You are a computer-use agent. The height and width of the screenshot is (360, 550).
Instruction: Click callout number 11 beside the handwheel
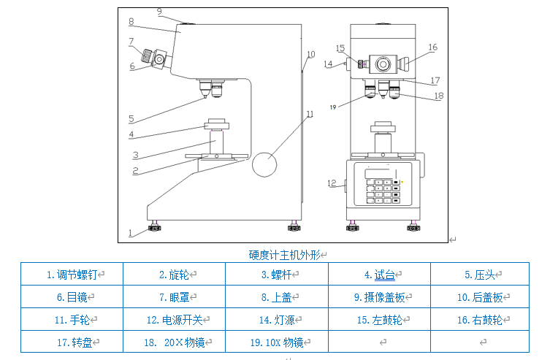pyautogui.click(x=310, y=114)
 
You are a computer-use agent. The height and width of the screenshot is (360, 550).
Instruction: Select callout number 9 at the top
pyautogui.click(x=159, y=11)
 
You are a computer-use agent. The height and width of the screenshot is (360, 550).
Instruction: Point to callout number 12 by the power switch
pyautogui.click(x=331, y=183)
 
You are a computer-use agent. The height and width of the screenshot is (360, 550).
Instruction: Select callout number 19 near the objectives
pyautogui.click(x=332, y=107)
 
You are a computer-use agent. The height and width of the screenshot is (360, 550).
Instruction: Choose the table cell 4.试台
pyautogui.click(x=379, y=275)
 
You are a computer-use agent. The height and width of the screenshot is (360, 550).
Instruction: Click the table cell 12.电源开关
pyautogui.click(x=173, y=319)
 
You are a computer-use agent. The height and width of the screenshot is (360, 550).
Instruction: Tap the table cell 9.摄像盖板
pyautogui.click(x=379, y=297)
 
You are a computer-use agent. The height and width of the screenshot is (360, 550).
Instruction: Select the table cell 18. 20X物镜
pyautogui.click(x=174, y=342)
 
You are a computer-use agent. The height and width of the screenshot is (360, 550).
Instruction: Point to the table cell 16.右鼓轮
pyautogui.click(x=480, y=319)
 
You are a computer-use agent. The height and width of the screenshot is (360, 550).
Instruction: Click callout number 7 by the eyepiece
pyautogui.click(x=131, y=41)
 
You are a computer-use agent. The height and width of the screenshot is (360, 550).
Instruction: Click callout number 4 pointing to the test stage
pyautogui.click(x=131, y=134)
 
